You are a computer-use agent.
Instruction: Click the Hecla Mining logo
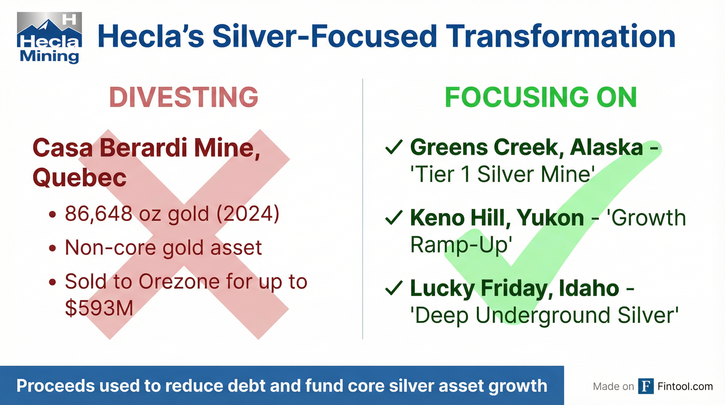[50, 38]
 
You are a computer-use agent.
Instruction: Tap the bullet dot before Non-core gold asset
[52, 248]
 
